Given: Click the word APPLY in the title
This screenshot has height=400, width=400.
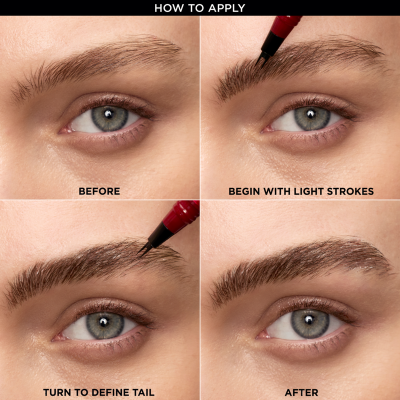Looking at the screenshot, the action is point(226,8).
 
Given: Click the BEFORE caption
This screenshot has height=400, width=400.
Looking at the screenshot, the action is point(99,191).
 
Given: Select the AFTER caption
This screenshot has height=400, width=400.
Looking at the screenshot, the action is point(301,392).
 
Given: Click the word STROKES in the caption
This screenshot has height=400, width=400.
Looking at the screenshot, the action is point(350,191).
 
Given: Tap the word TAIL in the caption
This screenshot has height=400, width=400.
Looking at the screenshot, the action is point(142,392).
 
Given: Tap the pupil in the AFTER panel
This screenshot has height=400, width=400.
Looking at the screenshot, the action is point(309,320).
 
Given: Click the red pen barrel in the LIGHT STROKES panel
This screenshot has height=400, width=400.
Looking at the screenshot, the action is point(285,26).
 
